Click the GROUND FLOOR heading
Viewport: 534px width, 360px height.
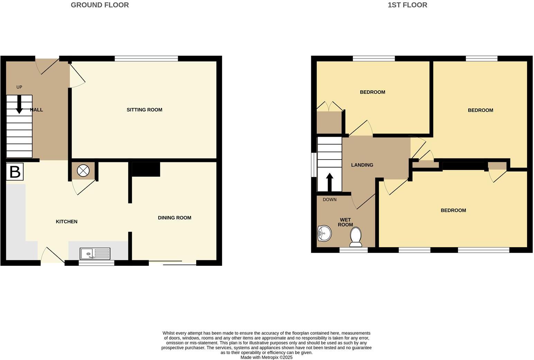click(x=100, y=5)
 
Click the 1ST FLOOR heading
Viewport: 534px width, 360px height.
click(x=407, y=5)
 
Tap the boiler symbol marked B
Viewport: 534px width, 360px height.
click(x=15, y=172)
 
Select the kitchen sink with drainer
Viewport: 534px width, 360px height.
click(x=95, y=254)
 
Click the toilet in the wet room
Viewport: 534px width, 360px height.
click(x=356, y=236)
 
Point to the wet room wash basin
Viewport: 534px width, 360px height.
click(x=324, y=233)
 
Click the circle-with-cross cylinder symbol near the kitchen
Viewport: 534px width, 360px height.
click(x=83, y=170)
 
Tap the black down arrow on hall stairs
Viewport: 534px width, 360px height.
click(x=19, y=104)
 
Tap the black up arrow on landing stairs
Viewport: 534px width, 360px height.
click(x=330, y=182)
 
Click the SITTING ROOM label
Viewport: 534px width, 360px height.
click(x=144, y=110)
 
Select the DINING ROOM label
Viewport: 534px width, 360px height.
click(x=174, y=218)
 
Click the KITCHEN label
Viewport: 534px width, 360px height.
click(x=66, y=222)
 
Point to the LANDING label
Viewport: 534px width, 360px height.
click(x=362, y=165)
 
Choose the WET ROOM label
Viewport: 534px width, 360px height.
click(x=345, y=222)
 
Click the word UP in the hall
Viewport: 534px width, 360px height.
click(x=19, y=87)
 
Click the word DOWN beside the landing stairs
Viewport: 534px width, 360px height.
click(x=329, y=200)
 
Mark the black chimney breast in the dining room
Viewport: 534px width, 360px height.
click(x=146, y=169)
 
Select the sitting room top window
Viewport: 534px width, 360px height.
click(x=146, y=58)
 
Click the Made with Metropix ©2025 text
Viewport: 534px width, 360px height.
click(x=266, y=357)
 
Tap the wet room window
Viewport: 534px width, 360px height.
click(x=353, y=250)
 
